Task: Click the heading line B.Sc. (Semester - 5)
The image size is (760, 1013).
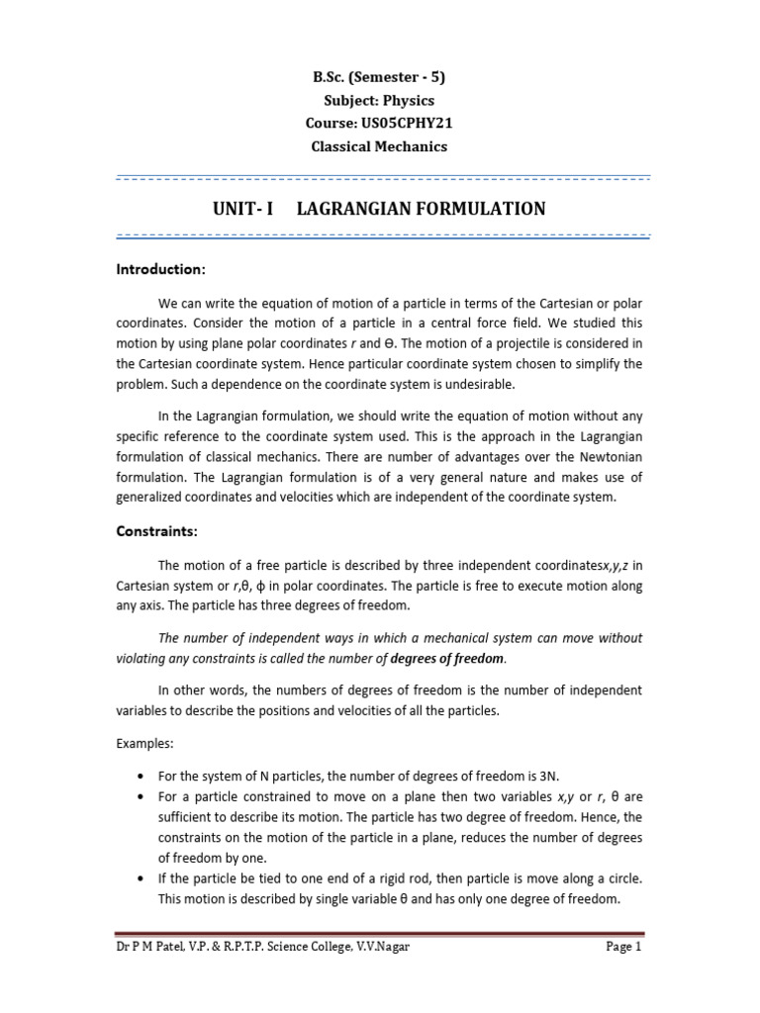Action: tap(380, 78)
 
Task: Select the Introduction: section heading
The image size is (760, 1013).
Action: tap(160, 269)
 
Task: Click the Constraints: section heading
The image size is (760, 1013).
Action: tap(157, 531)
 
